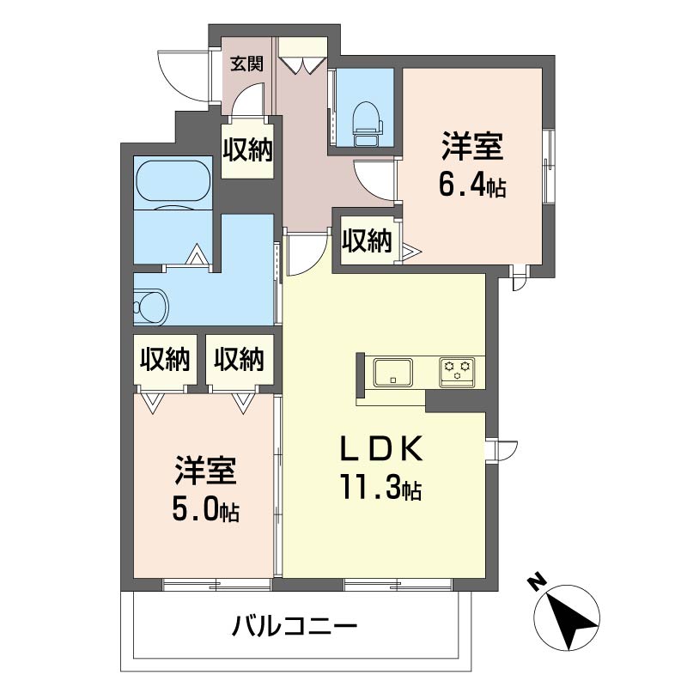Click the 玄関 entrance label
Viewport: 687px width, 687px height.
[x=247, y=64]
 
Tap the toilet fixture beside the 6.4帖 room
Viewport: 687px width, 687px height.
[x=368, y=124]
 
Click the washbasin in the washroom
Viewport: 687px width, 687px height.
[x=151, y=307]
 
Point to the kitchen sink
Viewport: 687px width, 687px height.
[x=393, y=373]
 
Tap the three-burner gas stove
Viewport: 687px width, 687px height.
[x=458, y=373]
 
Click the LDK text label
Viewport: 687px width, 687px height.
[x=381, y=447]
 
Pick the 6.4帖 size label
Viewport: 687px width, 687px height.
[x=472, y=185]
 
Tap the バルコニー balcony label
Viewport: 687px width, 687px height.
[x=294, y=626]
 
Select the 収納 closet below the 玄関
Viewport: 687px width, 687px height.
[x=247, y=149]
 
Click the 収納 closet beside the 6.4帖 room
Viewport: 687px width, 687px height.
[x=367, y=240]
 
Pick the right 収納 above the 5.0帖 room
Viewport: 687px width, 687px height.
[x=240, y=359]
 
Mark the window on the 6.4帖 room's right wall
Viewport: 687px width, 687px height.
[x=548, y=167]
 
